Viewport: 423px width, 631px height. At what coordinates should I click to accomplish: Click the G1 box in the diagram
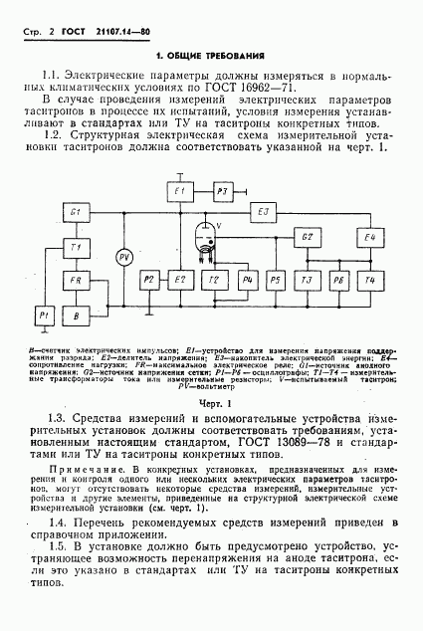point(76,214)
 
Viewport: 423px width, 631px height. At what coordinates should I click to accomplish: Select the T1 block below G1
point(76,246)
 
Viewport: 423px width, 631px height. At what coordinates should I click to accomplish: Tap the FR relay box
point(76,282)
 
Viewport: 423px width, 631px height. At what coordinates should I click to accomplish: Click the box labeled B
point(76,314)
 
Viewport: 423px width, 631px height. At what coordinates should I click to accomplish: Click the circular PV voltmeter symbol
point(124,257)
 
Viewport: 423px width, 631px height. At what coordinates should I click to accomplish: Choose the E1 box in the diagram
point(180,190)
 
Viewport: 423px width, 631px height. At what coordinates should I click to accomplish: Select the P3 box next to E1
point(223,190)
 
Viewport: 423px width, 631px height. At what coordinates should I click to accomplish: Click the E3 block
point(264,212)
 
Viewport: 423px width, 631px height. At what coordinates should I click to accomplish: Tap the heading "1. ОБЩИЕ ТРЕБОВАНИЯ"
point(212,54)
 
